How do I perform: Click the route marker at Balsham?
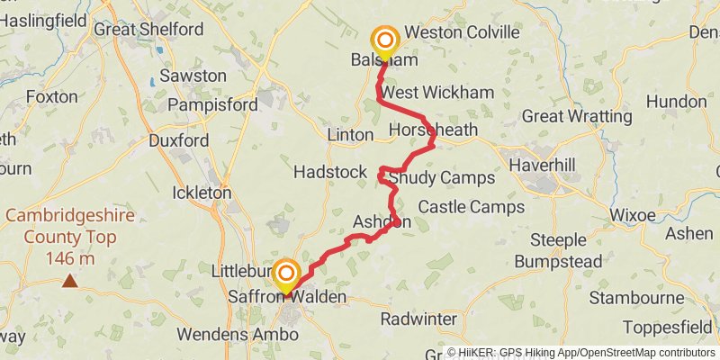pos(385,41)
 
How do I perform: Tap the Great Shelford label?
pos(148,30)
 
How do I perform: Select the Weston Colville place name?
pos(462,32)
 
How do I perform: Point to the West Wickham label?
pos(437,93)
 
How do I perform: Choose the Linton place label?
pos(349,135)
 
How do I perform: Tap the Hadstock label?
pos(330,172)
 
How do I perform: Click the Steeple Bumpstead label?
pos(558,251)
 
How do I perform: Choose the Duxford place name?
pos(178,140)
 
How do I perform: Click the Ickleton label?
pos(201,193)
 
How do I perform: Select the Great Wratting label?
pos(577,116)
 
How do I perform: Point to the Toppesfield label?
pos(673,327)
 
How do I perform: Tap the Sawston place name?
pos(193,76)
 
